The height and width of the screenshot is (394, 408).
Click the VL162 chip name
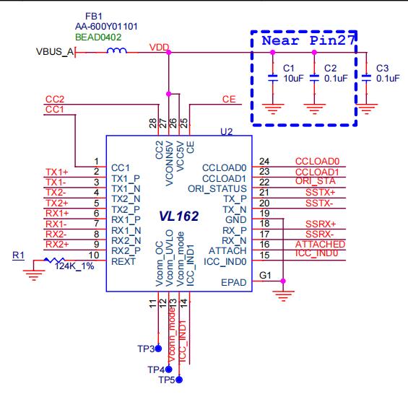point(178,216)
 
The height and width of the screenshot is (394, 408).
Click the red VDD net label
point(157,47)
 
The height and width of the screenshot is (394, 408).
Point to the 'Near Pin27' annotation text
point(305,40)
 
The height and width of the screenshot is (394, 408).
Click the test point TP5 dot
point(180,378)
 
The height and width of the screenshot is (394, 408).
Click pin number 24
point(264,161)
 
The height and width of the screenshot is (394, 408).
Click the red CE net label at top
point(228,99)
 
